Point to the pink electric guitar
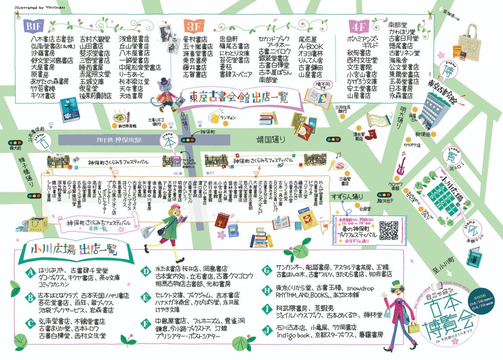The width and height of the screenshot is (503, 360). [x=400, y=164]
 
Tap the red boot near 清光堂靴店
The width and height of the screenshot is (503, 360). [x=371, y=134]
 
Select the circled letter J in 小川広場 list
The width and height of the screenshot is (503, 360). [x=267, y=329]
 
